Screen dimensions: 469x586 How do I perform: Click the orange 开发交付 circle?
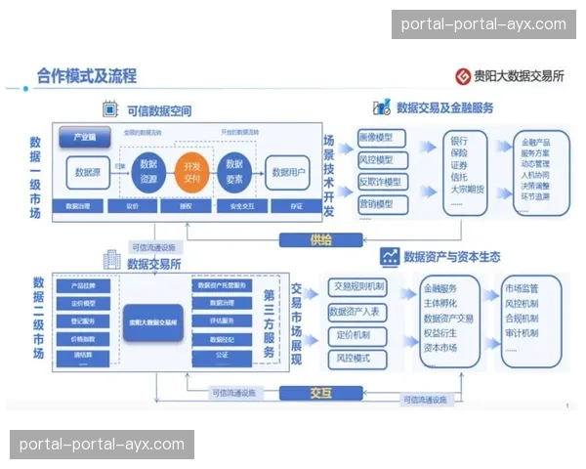[192, 171]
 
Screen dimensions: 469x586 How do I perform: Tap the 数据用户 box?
[289, 172]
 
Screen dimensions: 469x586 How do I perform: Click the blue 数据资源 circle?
[149, 171]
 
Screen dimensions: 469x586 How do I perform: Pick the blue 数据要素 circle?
[233, 171]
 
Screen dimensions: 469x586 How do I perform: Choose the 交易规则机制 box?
[358, 287]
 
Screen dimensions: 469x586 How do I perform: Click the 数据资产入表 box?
[358, 312]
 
